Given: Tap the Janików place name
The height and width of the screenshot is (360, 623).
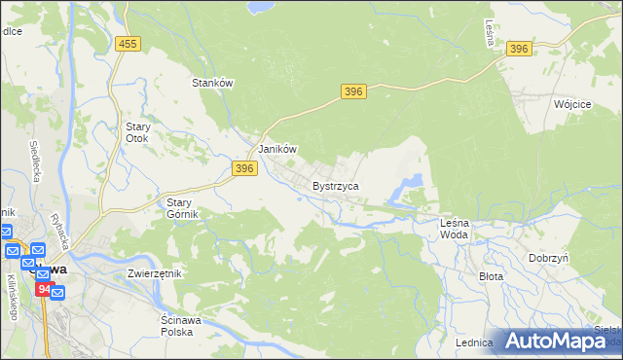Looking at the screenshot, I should [x=276, y=150].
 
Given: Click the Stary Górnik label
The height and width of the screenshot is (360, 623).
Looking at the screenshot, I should [x=177, y=208].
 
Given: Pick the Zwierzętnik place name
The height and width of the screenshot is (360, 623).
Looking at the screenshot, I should [x=155, y=273].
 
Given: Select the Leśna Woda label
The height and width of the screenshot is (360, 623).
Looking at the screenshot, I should [x=455, y=229].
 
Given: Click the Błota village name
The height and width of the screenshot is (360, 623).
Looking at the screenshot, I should [x=491, y=276].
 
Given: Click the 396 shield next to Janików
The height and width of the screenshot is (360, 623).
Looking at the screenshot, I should [x=244, y=168].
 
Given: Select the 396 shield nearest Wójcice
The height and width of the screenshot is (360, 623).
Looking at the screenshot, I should [x=519, y=49].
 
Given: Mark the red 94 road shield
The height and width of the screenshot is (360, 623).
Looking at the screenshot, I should [x=44, y=289].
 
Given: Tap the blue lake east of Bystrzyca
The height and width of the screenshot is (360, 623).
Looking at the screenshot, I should [x=412, y=182].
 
